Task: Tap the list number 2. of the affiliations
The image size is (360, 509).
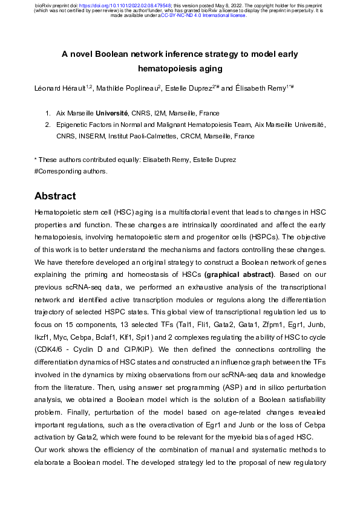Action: (x=48, y=125)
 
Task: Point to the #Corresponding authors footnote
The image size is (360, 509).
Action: (x=71, y=171)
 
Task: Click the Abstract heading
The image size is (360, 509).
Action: (x=55, y=196)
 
